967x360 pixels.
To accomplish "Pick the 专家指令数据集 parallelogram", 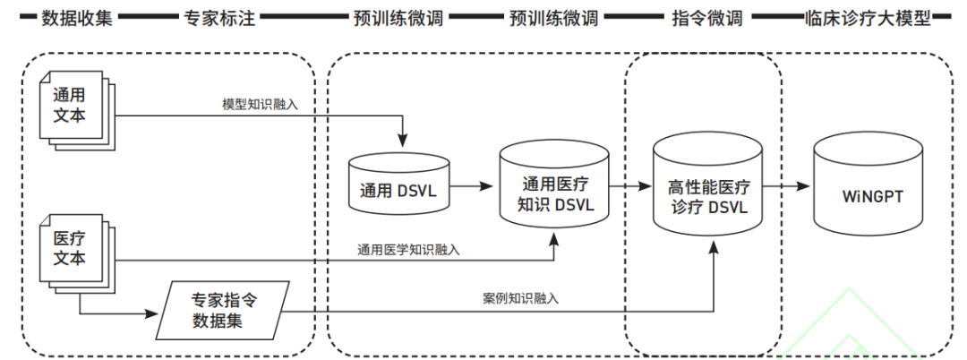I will [x=223, y=310].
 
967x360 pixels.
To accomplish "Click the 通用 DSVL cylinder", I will [x=398, y=184].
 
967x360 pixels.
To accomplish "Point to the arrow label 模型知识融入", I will [x=261, y=104].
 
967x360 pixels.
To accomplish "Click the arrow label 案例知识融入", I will [x=520, y=298].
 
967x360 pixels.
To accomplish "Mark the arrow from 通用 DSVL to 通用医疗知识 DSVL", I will [x=474, y=186].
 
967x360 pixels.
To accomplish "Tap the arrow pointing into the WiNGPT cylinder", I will [x=788, y=186].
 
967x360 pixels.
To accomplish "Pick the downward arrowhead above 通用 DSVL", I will [x=401, y=141].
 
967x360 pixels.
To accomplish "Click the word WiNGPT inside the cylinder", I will [x=866, y=193].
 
